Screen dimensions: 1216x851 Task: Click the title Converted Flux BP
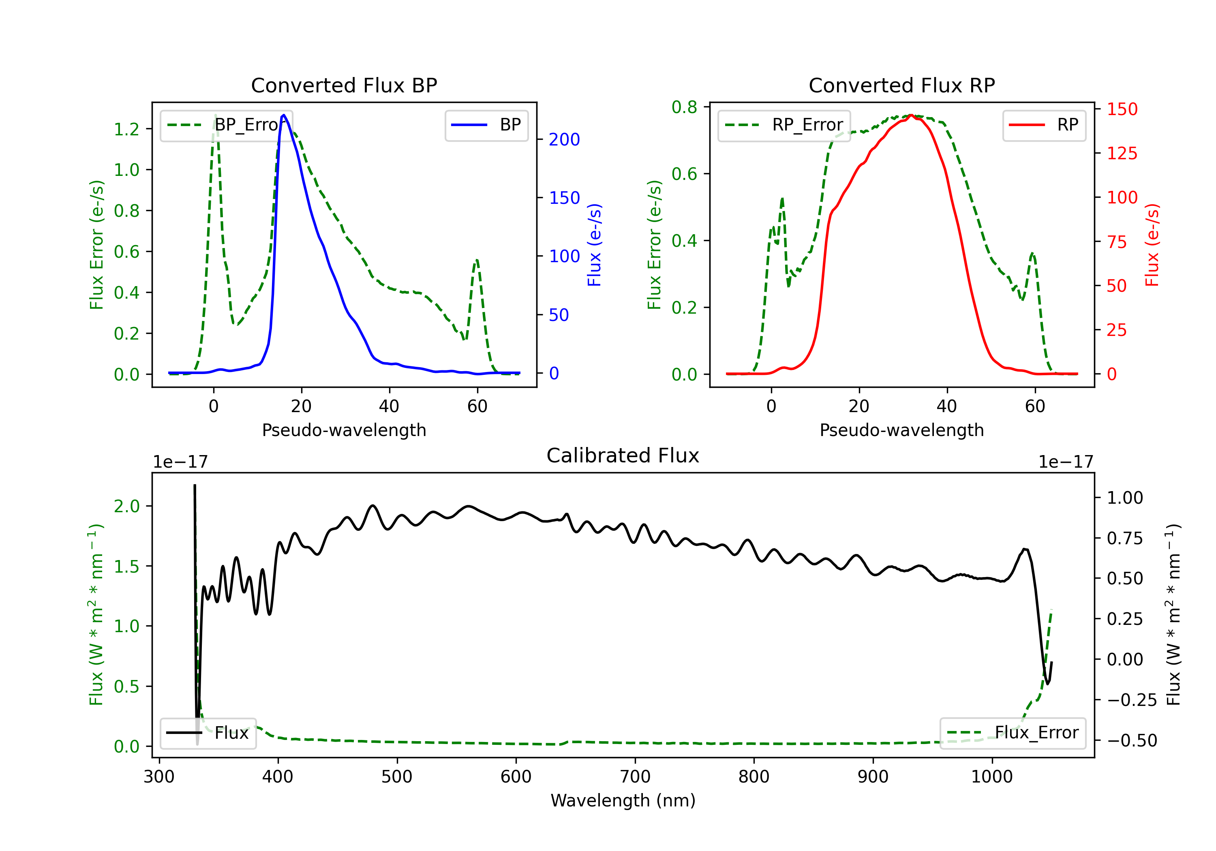[x=344, y=85]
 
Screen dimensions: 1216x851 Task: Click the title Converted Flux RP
[x=901, y=85]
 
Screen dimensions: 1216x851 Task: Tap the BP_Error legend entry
[x=226, y=125]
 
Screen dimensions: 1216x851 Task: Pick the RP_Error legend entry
[x=784, y=125]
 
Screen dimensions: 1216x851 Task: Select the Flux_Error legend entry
[x=1012, y=733]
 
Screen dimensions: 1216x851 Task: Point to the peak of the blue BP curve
[x=284, y=115]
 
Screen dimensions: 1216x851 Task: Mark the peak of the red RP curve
[x=910, y=115]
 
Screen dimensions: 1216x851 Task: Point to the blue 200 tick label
[x=565, y=139]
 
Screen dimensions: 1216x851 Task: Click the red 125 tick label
[x=1122, y=154]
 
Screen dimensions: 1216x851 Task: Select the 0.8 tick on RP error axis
[x=684, y=107]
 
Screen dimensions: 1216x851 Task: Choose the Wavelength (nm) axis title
[x=623, y=800]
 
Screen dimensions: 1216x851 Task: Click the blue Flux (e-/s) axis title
[x=594, y=245]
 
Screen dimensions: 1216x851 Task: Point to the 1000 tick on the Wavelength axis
[x=992, y=777]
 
